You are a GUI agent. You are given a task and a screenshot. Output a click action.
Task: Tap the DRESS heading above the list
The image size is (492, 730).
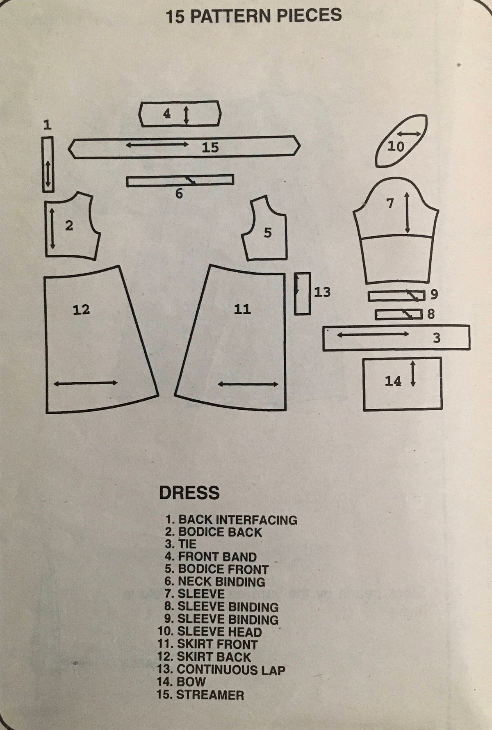[189, 493]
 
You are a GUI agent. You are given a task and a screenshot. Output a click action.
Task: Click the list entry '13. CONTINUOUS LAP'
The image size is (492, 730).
[221, 670]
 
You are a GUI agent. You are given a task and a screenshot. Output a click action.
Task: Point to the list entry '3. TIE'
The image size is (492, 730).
[181, 545]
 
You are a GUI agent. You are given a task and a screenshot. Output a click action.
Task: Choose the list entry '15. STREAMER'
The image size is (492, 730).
[200, 695]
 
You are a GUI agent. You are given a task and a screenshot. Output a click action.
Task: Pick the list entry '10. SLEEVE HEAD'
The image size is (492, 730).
[210, 632]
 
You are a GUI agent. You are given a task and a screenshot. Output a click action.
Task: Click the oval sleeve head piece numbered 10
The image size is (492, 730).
[401, 141]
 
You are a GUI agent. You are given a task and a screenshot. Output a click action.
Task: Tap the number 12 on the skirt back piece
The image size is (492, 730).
[81, 309]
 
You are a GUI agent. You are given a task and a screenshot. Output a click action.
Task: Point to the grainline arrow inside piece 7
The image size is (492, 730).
[407, 212]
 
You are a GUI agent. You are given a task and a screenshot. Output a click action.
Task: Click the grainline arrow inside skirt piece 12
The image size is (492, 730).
[86, 383]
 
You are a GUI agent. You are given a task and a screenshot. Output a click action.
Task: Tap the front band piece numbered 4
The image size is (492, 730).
[180, 113]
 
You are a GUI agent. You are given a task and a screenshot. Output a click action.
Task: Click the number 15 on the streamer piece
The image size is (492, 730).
[210, 147]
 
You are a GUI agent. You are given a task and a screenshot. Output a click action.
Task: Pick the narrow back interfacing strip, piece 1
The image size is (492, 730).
[48, 164]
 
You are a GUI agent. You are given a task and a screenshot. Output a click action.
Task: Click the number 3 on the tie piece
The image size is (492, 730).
[437, 338]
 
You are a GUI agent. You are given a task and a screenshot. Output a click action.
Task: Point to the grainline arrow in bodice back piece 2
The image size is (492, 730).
[52, 228]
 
